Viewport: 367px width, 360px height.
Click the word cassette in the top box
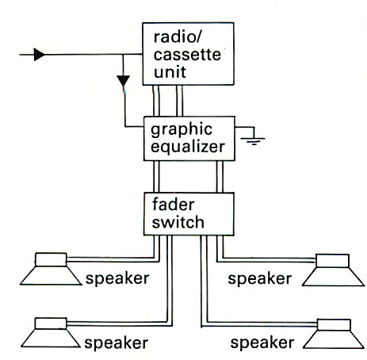tap(187, 55)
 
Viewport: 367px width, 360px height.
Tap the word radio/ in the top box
tap(178, 36)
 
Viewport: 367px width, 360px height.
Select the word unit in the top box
tap(170, 72)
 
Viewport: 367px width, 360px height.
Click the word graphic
tap(182, 130)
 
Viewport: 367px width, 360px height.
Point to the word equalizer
tap(188, 147)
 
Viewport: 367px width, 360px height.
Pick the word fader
tap(174, 205)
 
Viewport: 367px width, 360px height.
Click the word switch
tap(178, 222)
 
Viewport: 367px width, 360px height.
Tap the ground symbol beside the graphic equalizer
tap(253, 140)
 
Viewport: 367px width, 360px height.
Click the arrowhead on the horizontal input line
tap(40, 55)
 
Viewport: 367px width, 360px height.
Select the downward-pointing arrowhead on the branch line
tap(124, 81)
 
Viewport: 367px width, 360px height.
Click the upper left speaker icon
tap(51, 269)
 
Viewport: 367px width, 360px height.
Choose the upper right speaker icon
tap(333, 270)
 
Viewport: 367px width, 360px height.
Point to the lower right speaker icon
tap(334, 334)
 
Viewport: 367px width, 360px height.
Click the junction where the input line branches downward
tap(123, 55)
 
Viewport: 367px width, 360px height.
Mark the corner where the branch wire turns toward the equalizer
tap(125, 127)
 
